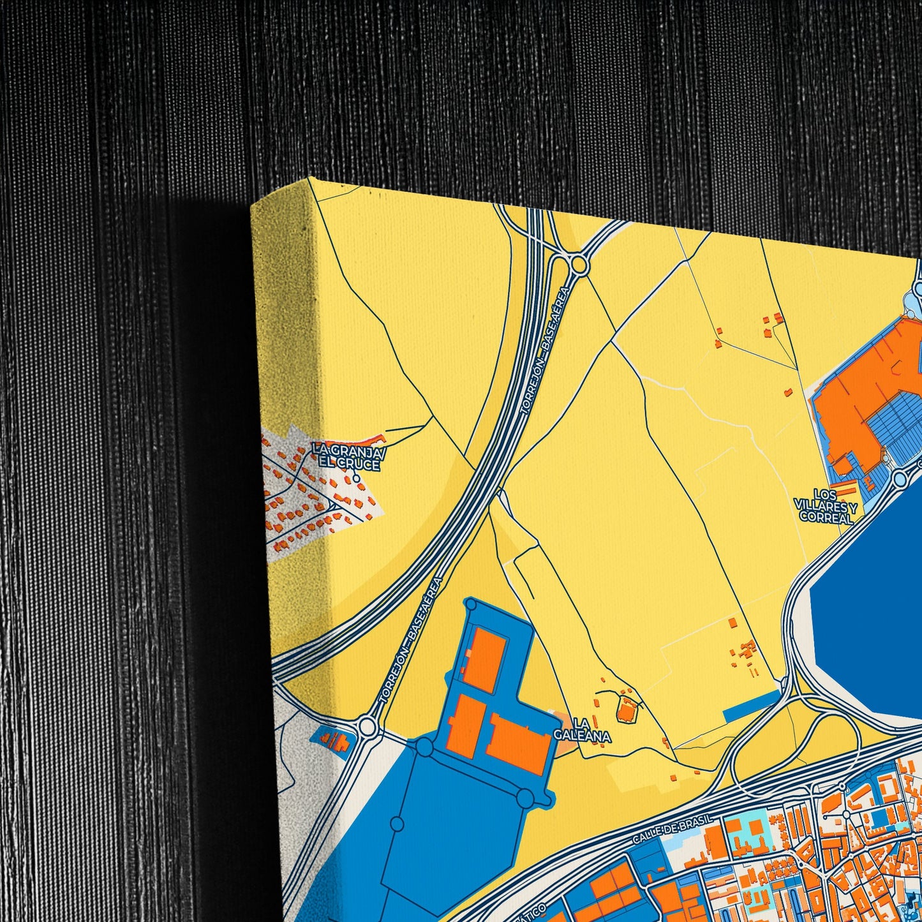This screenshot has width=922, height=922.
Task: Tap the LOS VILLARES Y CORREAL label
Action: (826, 506)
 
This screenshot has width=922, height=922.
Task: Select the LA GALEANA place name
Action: (582, 730)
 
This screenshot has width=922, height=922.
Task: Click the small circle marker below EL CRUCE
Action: (356, 477)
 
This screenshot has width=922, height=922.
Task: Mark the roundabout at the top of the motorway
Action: (579, 264)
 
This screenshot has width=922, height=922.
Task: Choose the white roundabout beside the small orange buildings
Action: (367, 725)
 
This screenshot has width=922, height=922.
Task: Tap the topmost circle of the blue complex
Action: (471, 603)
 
